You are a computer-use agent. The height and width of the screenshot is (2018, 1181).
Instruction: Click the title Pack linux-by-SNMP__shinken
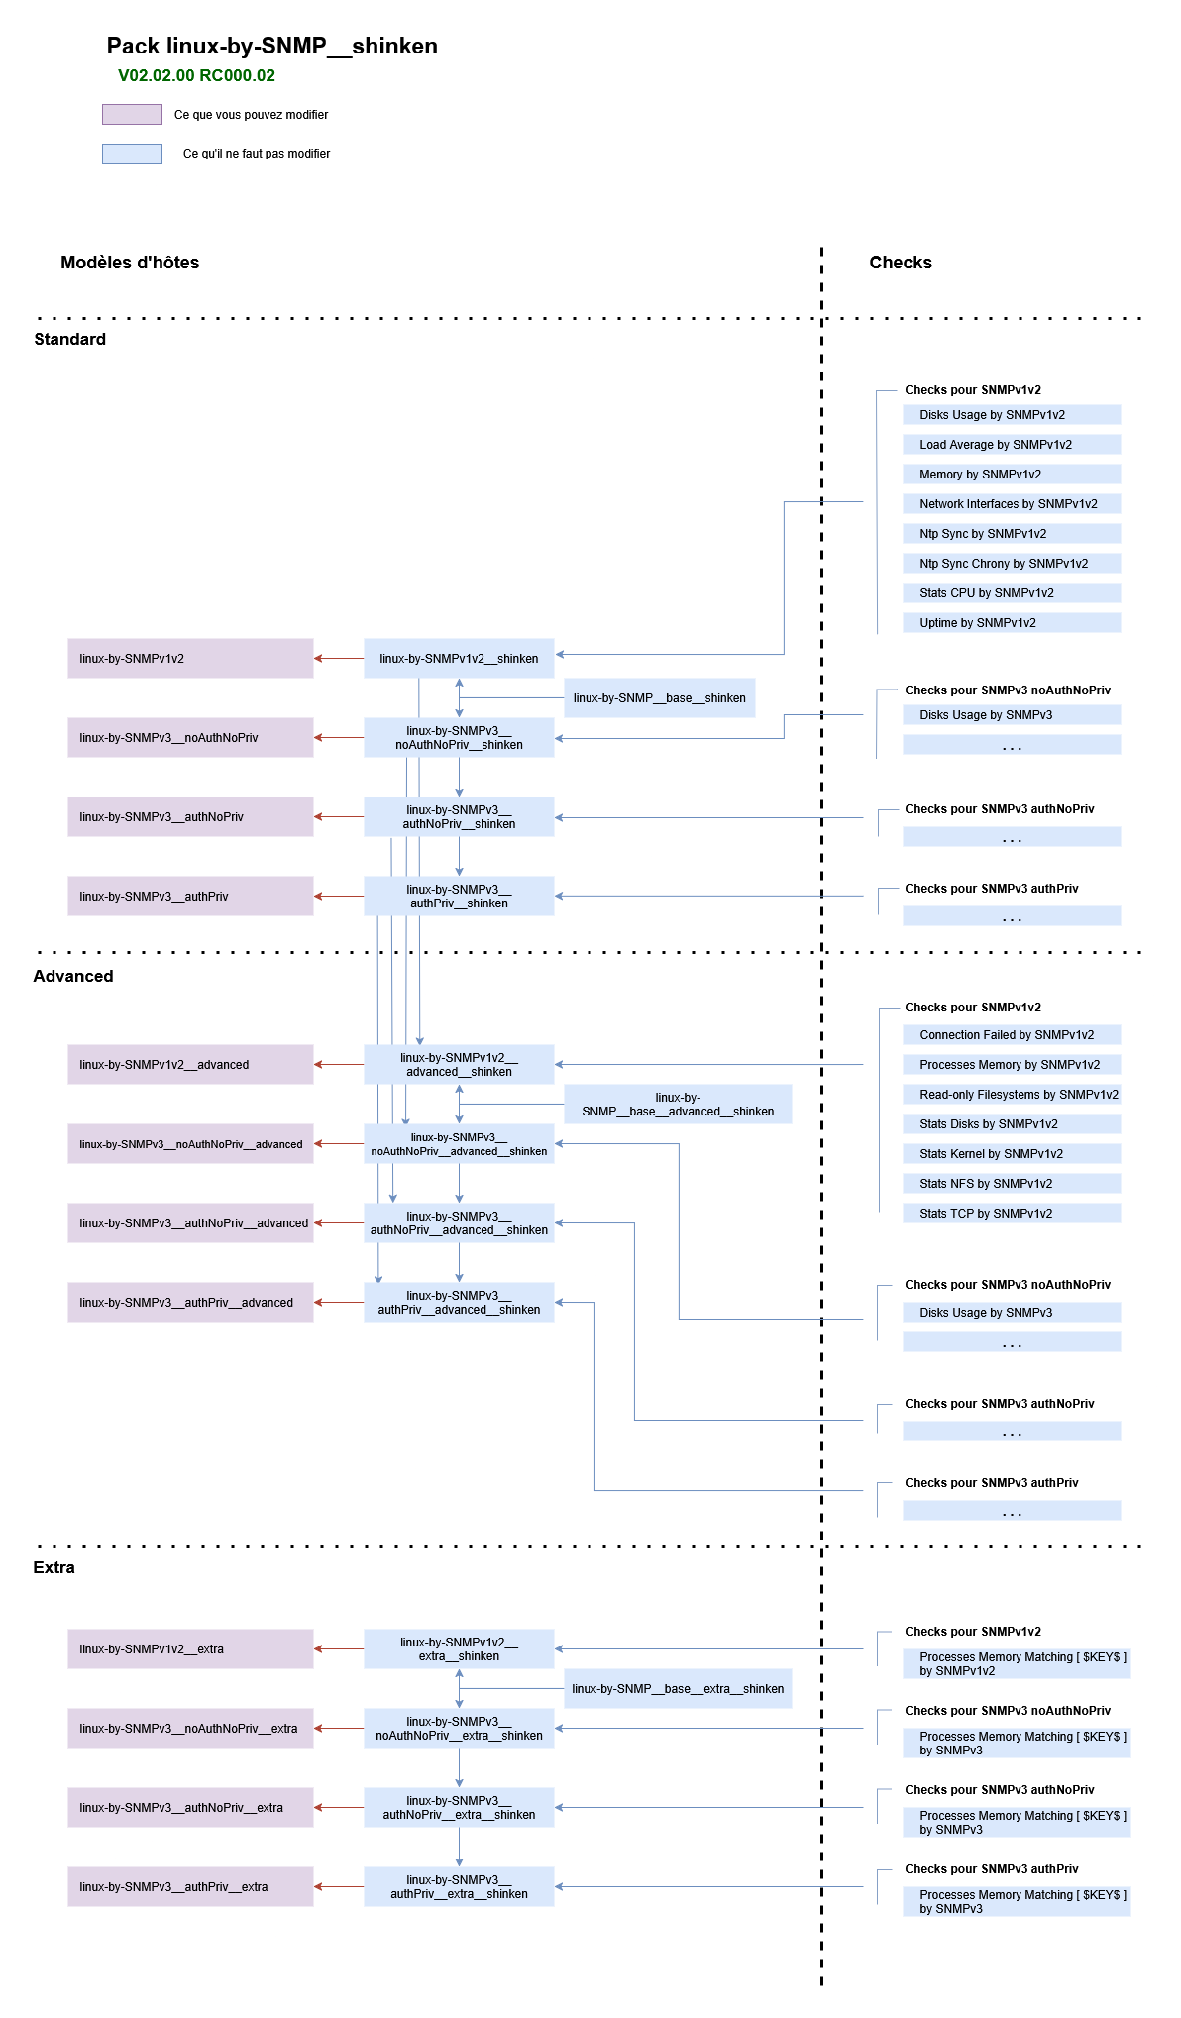(x=271, y=46)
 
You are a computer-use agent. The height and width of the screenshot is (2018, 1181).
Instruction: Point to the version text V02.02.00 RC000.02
(x=196, y=75)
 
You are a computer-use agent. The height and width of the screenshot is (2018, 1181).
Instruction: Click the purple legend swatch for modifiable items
(x=132, y=115)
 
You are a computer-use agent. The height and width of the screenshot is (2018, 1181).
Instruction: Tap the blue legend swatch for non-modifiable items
(x=132, y=154)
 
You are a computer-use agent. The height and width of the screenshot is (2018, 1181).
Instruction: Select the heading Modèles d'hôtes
(x=130, y=263)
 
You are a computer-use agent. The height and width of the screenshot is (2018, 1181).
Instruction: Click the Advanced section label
(x=73, y=976)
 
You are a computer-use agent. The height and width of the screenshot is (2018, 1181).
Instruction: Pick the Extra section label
(x=54, y=1567)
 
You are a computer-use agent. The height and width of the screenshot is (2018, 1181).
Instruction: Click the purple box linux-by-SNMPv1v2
(x=190, y=659)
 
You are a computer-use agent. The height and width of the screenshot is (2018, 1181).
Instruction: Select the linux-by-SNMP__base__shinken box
(x=659, y=698)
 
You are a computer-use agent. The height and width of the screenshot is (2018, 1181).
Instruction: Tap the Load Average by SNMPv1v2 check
(x=1012, y=445)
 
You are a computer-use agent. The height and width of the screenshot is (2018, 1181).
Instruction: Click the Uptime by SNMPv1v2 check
(x=1012, y=623)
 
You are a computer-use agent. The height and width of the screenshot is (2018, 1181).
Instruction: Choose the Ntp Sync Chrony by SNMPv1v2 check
(x=1012, y=564)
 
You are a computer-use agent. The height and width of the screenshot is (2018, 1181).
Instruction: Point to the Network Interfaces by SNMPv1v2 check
(x=1012, y=504)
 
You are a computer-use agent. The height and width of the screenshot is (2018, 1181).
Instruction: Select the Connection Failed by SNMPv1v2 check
(x=1012, y=1035)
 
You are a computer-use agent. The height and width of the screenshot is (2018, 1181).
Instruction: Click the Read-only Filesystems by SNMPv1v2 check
(x=1012, y=1095)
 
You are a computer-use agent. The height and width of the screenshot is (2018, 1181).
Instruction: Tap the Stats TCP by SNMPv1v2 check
(x=1012, y=1214)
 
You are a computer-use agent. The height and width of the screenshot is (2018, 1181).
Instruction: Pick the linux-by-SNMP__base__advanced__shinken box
(x=678, y=1105)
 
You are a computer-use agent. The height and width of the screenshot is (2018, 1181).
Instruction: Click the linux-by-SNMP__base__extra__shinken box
(x=678, y=1689)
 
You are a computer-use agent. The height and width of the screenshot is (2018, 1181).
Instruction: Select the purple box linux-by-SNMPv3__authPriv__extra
(x=190, y=1887)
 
